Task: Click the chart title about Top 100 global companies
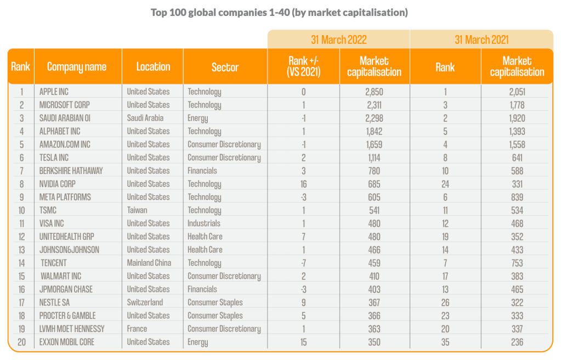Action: (x=280, y=12)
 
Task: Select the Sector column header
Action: (x=225, y=67)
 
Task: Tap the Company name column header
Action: (x=77, y=67)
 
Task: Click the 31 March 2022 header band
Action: (x=338, y=40)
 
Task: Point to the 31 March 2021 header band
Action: (x=481, y=40)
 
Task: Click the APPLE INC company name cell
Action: (x=54, y=92)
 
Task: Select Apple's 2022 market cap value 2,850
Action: (x=375, y=92)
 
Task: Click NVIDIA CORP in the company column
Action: (x=58, y=184)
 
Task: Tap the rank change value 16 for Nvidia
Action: (x=303, y=184)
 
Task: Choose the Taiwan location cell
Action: (x=137, y=210)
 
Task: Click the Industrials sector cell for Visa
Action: (x=204, y=223)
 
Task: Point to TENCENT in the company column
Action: (x=54, y=263)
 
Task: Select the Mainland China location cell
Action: (x=149, y=263)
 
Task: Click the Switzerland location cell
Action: (x=145, y=302)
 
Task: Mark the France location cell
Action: (x=137, y=329)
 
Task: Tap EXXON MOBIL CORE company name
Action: (x=67, y=342)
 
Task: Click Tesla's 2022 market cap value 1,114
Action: (x=375, y=157)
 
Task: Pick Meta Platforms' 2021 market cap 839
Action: (x=517, y=197)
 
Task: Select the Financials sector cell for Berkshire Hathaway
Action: (x=202, y=171)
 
